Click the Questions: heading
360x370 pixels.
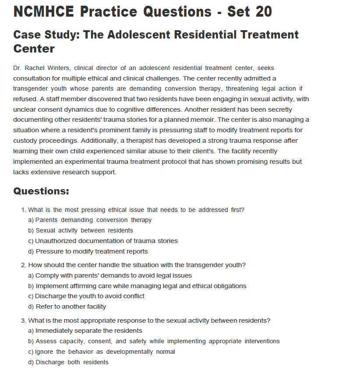tap(41, 191)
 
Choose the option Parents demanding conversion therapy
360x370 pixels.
tap(93, 220)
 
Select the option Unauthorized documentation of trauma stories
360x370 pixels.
tap(106, 241)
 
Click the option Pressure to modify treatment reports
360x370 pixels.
tap(92, 251)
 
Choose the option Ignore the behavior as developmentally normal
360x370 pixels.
tap(105, 352)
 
